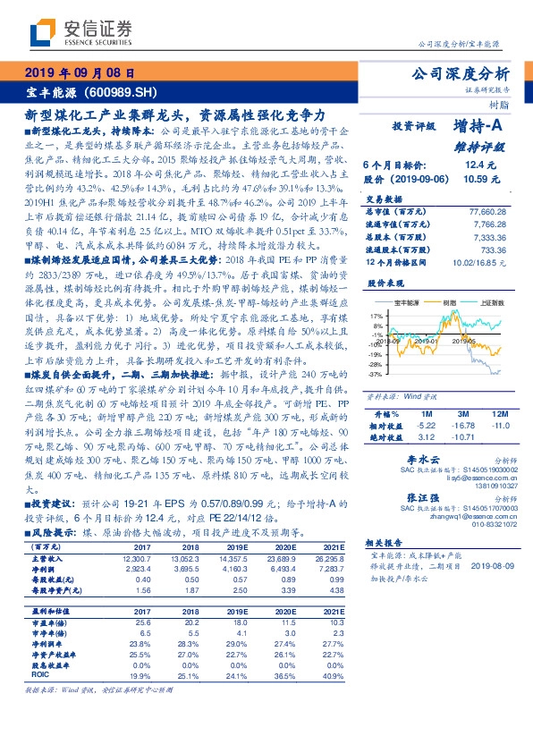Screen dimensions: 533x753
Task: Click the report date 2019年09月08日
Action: point(81,72)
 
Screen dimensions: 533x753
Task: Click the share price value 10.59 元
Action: point(476,179)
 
